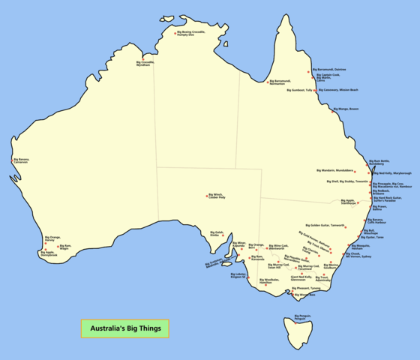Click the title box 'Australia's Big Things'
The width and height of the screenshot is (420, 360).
point(125,328)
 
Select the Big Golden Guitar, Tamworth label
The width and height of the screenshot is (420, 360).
point(325,225)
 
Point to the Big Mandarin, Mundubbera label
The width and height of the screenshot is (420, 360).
point(334,170)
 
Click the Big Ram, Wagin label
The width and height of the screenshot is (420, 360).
point(64,247)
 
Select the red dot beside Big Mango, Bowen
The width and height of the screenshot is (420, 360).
point(334,109)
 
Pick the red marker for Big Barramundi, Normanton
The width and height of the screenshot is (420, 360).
point(268,81)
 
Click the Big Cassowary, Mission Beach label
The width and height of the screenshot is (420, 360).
point(338,90)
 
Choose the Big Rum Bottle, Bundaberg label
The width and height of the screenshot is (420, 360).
point(379,162)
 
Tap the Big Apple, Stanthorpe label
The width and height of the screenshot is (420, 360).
point(349,202)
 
